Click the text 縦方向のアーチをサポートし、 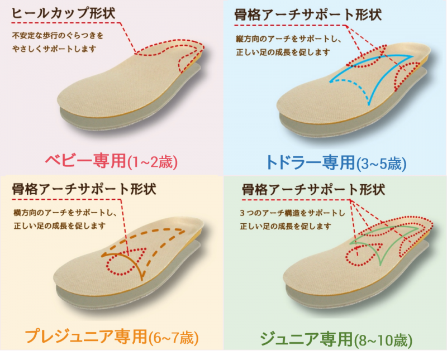tap(287, 40)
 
